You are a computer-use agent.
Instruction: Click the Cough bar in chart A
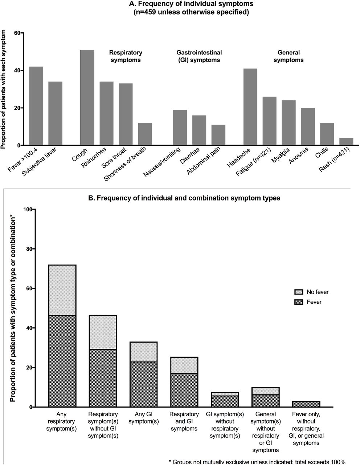[x=87, y=97]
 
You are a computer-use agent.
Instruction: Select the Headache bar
[x=250, y=107]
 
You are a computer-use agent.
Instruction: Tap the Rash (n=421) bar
[x=346, y=141]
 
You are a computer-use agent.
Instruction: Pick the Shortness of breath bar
[x=145, y=134]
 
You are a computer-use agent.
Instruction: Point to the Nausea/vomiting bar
[x=180, y=128]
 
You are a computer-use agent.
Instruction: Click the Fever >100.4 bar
[x=36, y=106]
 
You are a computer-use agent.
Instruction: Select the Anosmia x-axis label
[x=299, y=155]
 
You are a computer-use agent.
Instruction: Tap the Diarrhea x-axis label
[x=190, y=155]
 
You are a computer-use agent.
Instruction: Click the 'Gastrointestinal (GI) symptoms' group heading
[x=199, y=56]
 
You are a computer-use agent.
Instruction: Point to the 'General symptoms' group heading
[x=289, y=56]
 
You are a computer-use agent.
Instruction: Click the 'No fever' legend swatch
[x=299, y=292]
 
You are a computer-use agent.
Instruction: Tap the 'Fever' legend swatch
[x=299, y=302]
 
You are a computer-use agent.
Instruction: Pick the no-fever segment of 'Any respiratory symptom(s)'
[x=62, y=290]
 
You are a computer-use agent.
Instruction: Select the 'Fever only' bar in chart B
[x=306, y=404]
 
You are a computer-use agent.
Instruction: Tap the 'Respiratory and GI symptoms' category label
[x=184, y=421]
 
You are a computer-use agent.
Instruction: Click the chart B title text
[x=184, y=198]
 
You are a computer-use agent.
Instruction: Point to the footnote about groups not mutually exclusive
[x=257, y=462]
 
